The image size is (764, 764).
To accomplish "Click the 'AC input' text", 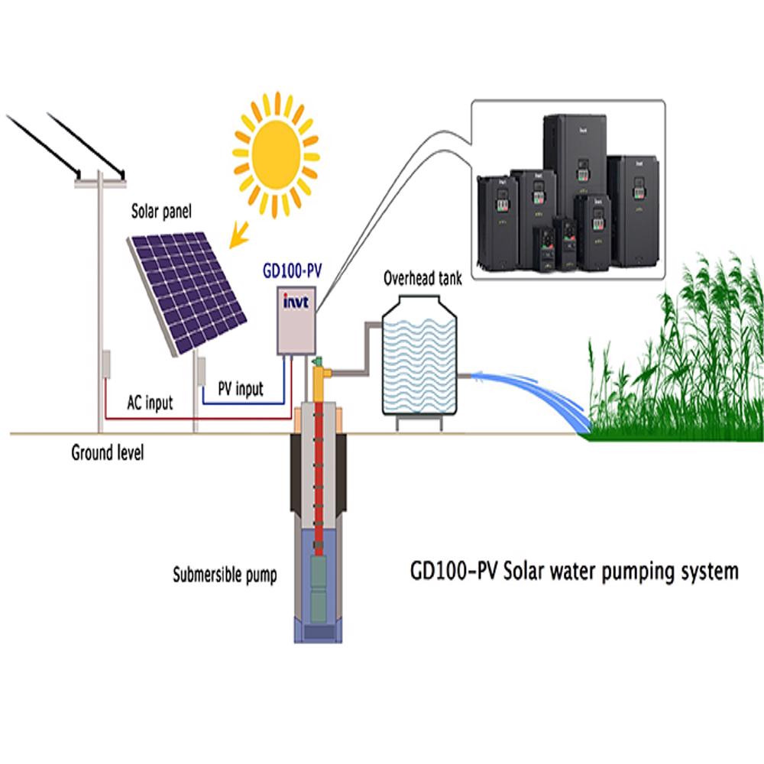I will [150, 403].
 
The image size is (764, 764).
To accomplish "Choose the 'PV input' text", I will [240, 389].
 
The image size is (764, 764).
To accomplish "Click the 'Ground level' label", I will [107, 453].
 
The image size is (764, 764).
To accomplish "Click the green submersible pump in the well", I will [319, 588].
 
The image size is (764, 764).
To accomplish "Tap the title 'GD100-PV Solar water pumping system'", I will [574, 571].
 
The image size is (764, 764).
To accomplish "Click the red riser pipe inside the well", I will [319, 474].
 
